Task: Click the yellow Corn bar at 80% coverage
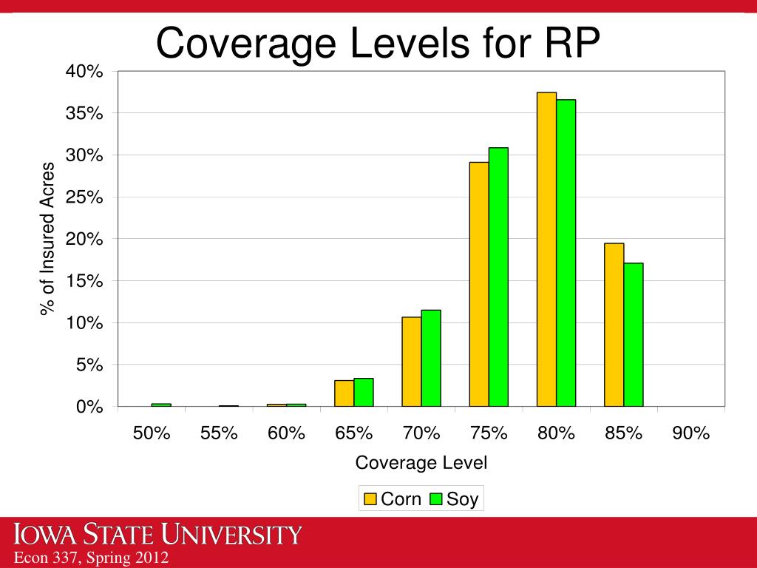pyautogui.click(x=546, y=249)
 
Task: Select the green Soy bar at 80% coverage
pyautogui.click(x=566, y=253)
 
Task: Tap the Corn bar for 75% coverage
pyautogui.click(x=479, y=284)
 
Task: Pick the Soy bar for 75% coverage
pyautogui.click(x=498, y=277)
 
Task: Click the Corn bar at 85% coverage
pyautogui.click(x=614, y=325)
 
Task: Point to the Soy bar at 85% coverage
pyautogui.click(x=634, y=334)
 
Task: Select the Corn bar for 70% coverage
pyautogui.click(x=411, y=362)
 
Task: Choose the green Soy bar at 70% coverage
pyautogui.click(x=431, y=358)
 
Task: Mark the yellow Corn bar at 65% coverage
pyautogui.click(x=344, y=393)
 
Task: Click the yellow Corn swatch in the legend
pyautogui.click(x=370, y=499)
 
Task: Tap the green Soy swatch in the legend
pyautogui.click(x=436, y=499)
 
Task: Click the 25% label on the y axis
pyautogui.click(x=87, y=197)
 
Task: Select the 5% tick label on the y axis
pyautogui.click(x=92, y=365)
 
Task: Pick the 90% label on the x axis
pyautogui.click(x=691, y=433)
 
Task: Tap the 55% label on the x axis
pyautogui.click(x=219, y=433)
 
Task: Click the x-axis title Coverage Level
pyautogui.click(x=421, y=464)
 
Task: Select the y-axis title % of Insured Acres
pyautogui.click(x=48, y=238)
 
